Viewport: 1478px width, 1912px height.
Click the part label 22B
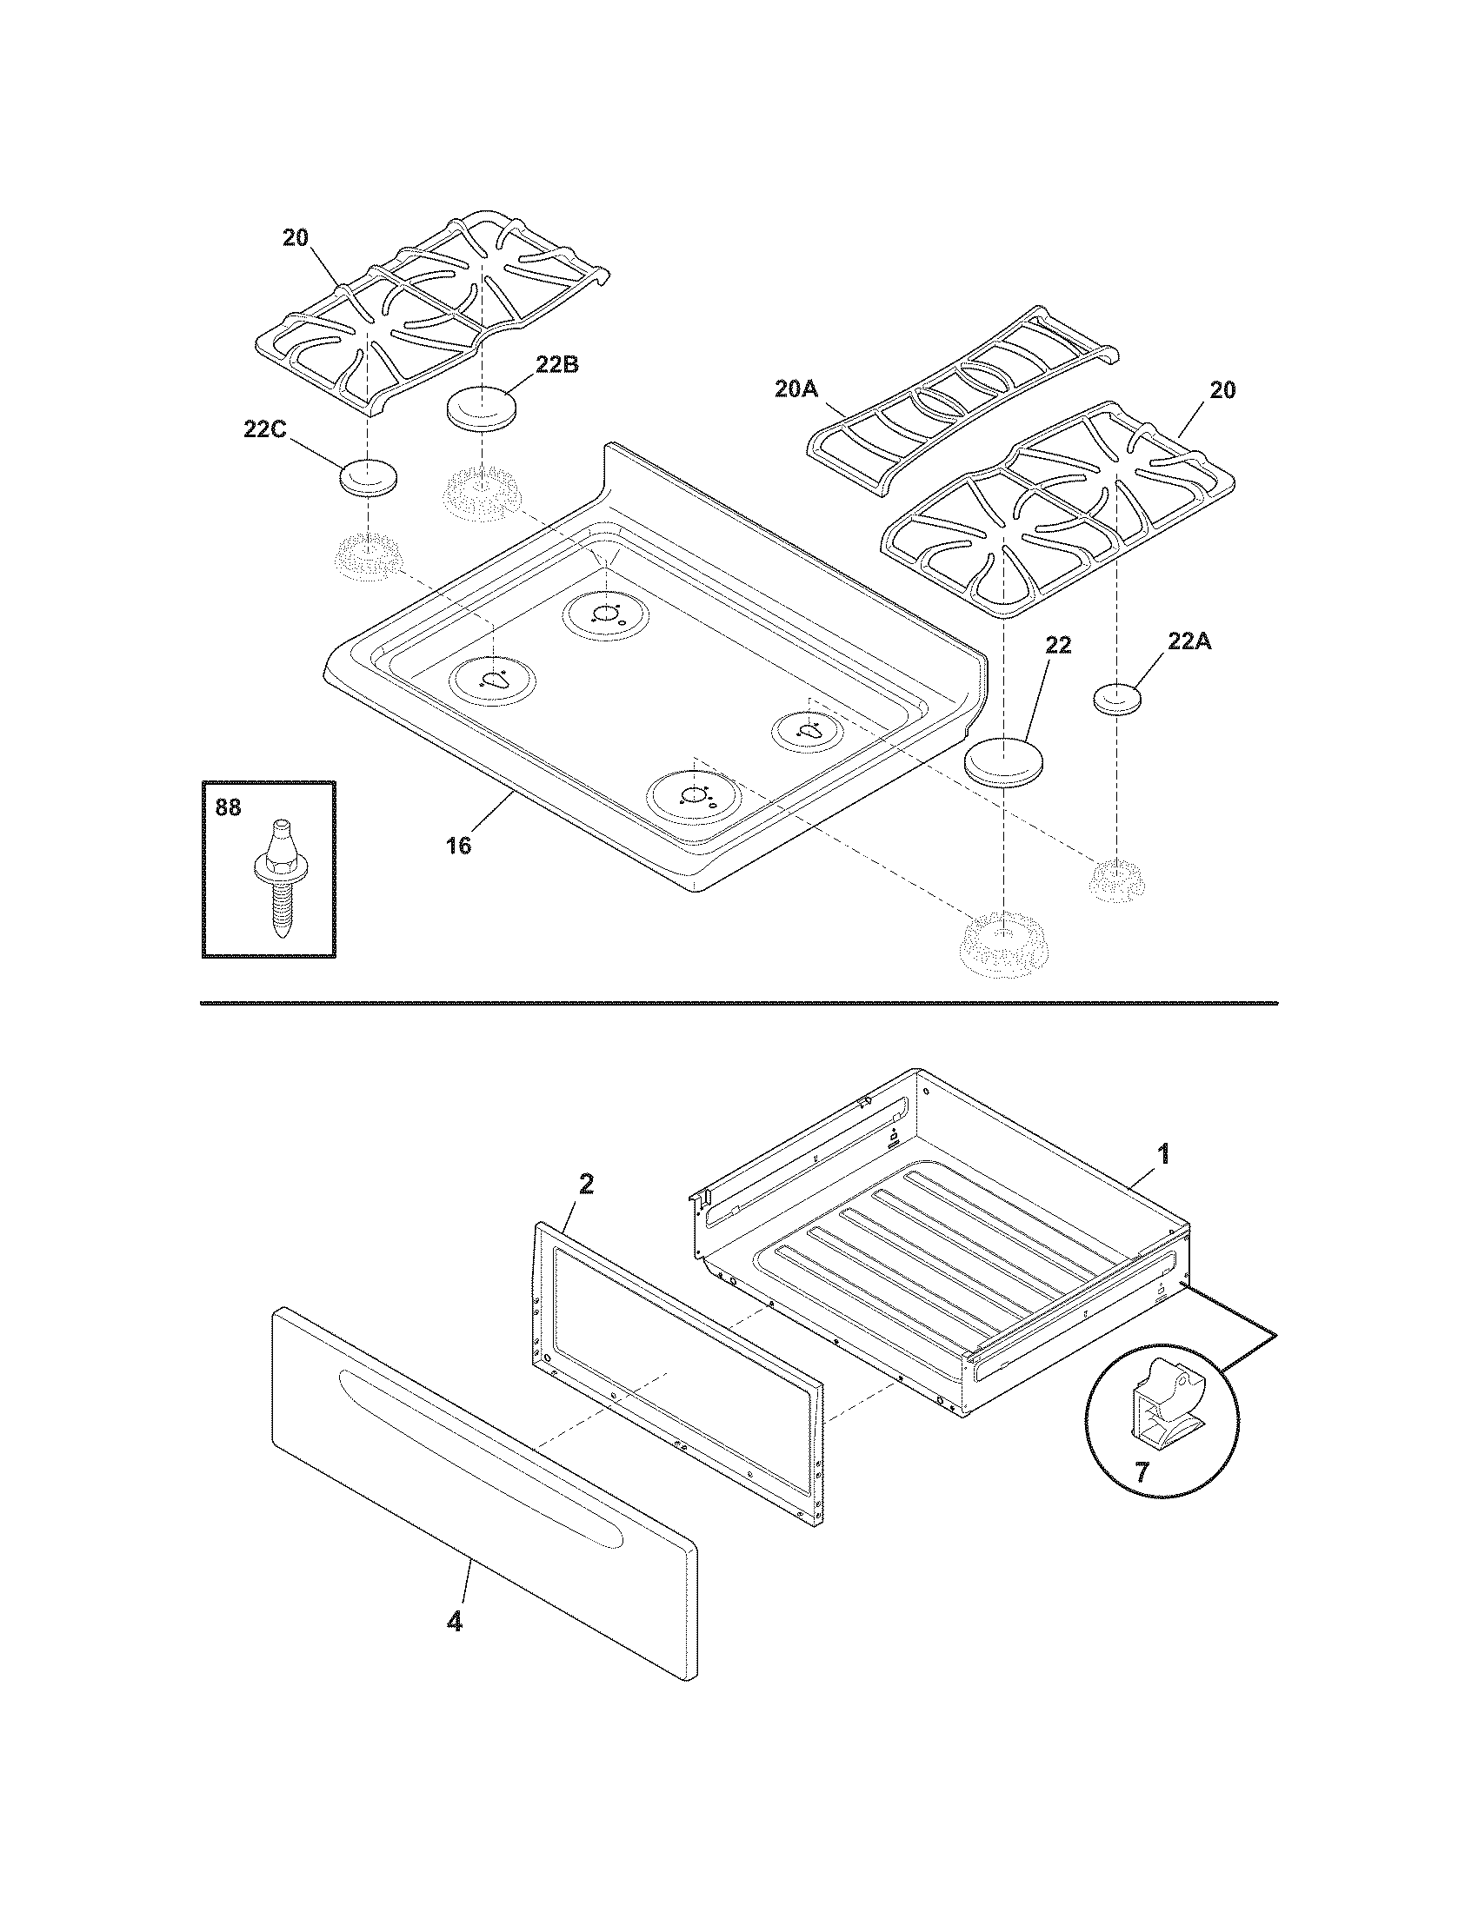click(557, 365)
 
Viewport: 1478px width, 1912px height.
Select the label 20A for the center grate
click(795, 388)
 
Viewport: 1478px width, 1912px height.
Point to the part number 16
click(458, 846)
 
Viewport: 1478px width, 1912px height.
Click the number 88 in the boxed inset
click(228, 807)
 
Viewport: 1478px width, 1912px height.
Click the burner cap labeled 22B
click(481, 409)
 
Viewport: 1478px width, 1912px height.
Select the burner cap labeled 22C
click(368, 477)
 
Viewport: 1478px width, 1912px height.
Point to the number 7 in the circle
click(1142, 1472)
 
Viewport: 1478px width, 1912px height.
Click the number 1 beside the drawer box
click(1162, 1154)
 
